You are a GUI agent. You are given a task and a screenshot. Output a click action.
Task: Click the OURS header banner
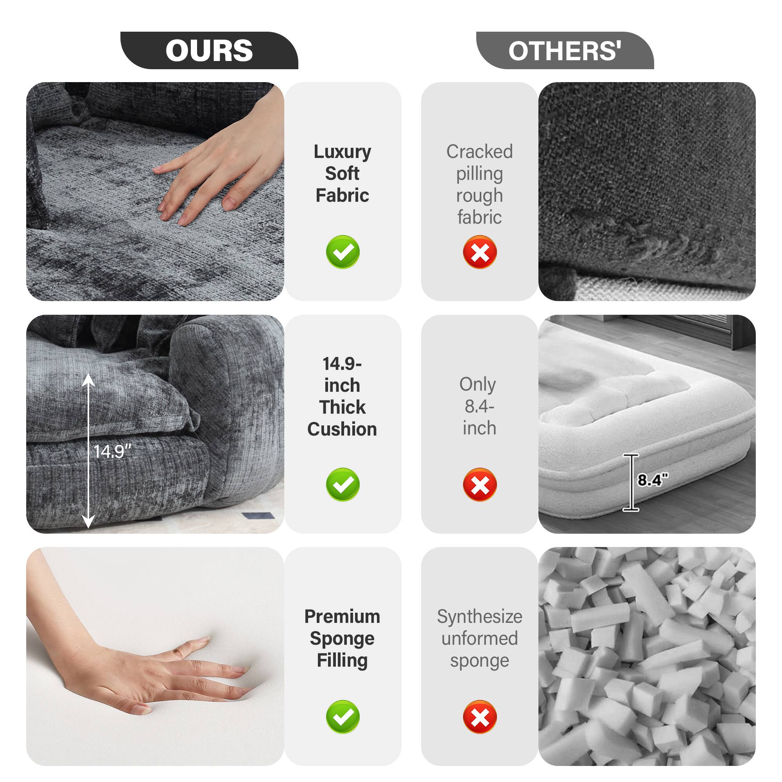click(209, 50)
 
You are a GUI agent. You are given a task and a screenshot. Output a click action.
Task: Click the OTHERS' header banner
click(565, 50)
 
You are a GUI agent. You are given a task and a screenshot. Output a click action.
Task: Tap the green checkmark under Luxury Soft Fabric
click(343, 252)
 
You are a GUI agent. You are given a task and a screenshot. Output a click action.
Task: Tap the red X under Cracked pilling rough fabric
click(480, 252)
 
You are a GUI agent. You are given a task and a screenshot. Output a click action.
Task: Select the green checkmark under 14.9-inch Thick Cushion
click(343, 484)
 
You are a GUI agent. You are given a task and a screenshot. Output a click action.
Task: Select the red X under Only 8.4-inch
click(480, 484)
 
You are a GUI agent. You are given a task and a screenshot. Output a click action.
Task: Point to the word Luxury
click(343, 152)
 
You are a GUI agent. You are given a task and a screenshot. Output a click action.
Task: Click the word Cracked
click(480, 152)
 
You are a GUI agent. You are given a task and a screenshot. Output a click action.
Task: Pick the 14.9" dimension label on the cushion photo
click(113, 451)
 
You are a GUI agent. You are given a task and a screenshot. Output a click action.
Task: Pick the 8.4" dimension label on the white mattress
click(653, 480)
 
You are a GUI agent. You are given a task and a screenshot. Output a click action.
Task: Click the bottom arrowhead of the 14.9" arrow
click(89, 522)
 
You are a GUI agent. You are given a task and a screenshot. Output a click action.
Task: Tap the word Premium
click(343, 617)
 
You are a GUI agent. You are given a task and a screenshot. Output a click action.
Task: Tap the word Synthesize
click(480, 617)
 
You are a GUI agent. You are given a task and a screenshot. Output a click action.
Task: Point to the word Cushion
click(343, 429)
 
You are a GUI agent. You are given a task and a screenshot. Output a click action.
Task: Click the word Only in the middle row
click(478, 384)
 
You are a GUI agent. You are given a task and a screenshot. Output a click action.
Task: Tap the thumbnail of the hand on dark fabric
click(155, 191)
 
